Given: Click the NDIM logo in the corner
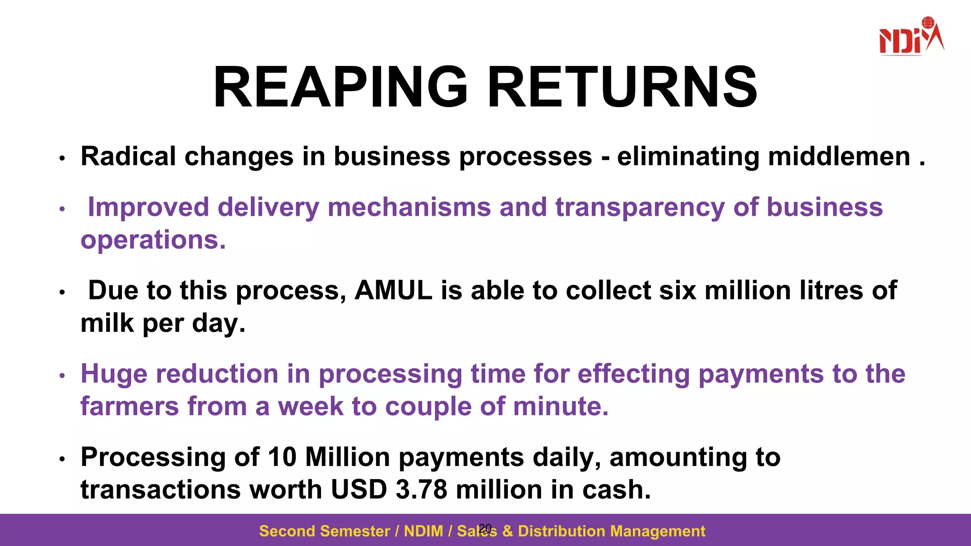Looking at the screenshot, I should click(911, 36).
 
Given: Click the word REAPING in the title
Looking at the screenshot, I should click(340, 88).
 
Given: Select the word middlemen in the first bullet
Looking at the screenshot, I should click(839, 156).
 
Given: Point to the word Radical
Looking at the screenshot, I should click(128, 156).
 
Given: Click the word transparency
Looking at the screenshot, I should click(640, 208).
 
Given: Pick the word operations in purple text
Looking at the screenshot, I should click(153, 240).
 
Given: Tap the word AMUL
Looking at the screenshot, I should click(393, 291).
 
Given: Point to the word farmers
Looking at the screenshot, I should click(129, 407).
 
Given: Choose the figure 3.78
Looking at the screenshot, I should click(421, 490).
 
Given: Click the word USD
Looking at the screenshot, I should click(358, 490).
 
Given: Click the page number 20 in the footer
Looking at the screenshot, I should click(485, 528).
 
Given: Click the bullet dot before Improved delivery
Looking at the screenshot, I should click(62, 209).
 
